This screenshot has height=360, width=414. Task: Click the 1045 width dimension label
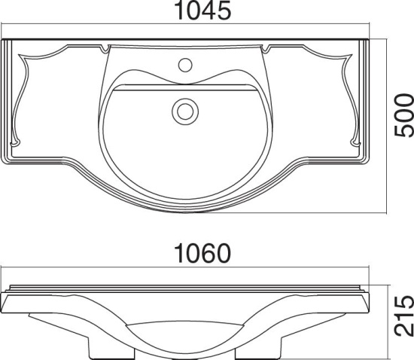pos(202,11)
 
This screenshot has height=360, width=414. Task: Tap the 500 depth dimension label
pos(403,115)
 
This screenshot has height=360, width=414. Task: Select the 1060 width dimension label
pos(202,254)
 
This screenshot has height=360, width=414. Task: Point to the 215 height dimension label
pos(403,316)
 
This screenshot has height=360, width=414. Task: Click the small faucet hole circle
pos(185,65)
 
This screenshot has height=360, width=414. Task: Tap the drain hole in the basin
pos(185,111)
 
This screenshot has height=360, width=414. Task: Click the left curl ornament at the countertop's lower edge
pos(15,143)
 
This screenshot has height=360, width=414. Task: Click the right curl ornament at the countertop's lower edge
pos(355,143)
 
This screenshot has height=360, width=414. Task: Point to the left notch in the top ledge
pos(105,48)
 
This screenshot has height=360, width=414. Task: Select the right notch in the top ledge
pos(266,48)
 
